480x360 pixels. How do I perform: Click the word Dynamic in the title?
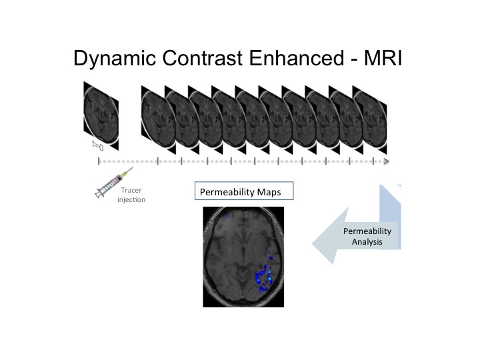pyautogui.click(x=115, y=59)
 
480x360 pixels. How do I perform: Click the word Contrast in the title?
pyautogui.click(x=203, y=58)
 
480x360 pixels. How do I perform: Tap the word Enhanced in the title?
pyautogui.click(x=296, y=58)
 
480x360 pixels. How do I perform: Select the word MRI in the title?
pyautogui.click(x=383, y=58)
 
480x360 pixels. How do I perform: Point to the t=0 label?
pyautogui.click(x=98, y=146)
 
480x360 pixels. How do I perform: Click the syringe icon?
pyautogui.click(x=114, y=183)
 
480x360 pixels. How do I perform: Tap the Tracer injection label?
pyautogui.click(x=131, y=195)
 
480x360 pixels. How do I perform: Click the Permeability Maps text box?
pyautogui.click(x=244, y=191)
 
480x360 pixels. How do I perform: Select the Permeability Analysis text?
pyautogui.click(x=367, y=236)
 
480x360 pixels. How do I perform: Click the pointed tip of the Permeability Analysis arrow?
pyautogui.click(x=313, y=244)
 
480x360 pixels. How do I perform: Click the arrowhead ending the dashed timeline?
pyautogui.click(x=387, y=161)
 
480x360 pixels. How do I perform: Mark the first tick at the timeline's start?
pyautogui.click(x=99, y=161)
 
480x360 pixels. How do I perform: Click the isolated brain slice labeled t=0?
pyautogui.click(x=101, y=116)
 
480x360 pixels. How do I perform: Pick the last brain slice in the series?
pyautogui.click(x=370, y=120)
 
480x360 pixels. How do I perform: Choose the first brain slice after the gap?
pyautogui.click(x=159, y=120)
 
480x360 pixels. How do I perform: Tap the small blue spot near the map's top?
pyautogui.click(x=227, y=216)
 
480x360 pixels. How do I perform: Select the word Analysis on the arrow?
pyautogui.click(x=367, y=242)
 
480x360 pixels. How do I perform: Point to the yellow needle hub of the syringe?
pyautogui.click(x=123, y=175)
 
